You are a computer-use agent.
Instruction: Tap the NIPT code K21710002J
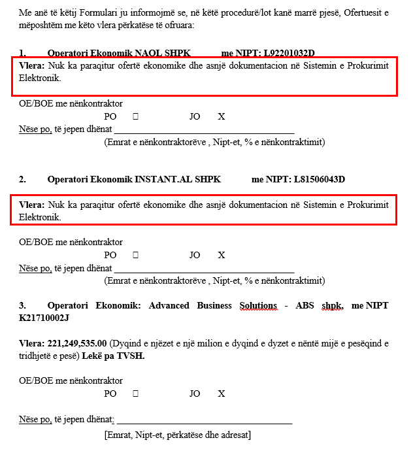(44, 318)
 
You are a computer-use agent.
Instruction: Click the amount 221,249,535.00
(77, 343)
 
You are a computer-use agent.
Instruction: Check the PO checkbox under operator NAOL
(135, 116)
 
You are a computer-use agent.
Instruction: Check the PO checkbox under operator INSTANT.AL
(135, 255)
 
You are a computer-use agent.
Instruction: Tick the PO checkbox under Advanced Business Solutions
(135, 394)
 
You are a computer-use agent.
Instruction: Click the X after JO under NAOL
(222, 116)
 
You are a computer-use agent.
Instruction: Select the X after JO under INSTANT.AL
(222, 255)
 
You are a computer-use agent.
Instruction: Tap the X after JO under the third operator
(222, 394)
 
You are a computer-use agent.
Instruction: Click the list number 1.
(22, 53)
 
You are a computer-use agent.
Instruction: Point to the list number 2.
(22, 179)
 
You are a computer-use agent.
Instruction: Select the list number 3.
(22, 305)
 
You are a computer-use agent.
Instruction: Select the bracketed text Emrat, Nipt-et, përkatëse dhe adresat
(177, 435)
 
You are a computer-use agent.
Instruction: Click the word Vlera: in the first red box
(32, 67)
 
